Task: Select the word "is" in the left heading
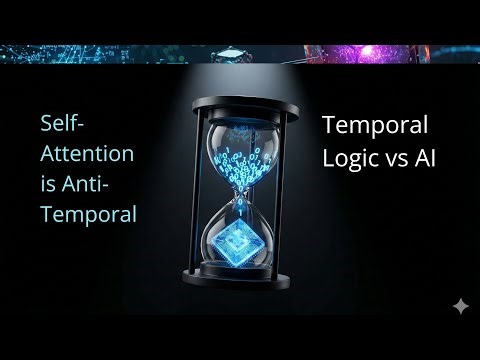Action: (48, 184)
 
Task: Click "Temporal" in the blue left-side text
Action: (87, 214)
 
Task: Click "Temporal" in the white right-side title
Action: (374, 126)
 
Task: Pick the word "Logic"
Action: (349, 157)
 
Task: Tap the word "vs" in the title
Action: (397, 157)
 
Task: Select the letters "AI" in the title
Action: (428, 157)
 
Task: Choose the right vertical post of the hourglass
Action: (283, 190)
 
